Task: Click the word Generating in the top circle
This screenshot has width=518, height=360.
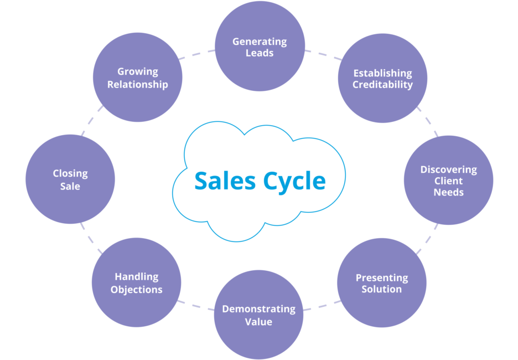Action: [259, 42]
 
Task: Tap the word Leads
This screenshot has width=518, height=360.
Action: [259, 53]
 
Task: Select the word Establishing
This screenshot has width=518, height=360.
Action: [382, 73]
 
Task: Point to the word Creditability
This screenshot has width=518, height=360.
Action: [382, 85]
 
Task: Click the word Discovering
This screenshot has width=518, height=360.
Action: [448, 169]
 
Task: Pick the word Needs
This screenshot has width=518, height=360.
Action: [448, 192]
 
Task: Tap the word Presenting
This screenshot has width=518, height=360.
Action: [382, 277]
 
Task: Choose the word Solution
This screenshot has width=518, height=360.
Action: [382, 289]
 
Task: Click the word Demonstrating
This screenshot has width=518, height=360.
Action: [258, 309]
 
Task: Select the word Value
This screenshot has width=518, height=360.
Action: [258, 321]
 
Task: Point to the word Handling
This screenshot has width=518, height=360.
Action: [136, 277]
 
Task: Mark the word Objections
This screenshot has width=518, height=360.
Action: [136, 289]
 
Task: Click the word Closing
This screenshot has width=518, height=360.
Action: [70, 174]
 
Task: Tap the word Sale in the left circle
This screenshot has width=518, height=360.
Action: [70, 186]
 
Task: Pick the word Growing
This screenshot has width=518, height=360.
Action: [137, 72]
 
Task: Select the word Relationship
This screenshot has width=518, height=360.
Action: [137, 84]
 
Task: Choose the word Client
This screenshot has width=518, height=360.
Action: [448, 181]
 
